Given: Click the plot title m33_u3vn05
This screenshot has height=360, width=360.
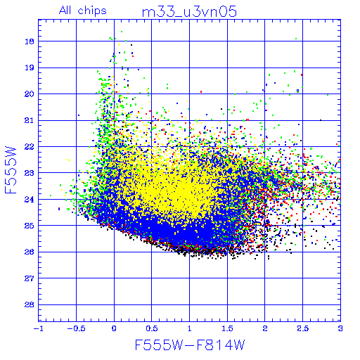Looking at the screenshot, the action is pyautogui.click(x=189, y=12).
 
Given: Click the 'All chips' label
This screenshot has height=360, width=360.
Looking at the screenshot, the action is pyautogui.click(x=83, y=11).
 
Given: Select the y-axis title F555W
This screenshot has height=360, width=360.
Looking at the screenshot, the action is pyautogui.click(x=11, y=170).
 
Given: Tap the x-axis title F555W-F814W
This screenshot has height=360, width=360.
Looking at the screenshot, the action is pyautogui.click(x=190, y=345).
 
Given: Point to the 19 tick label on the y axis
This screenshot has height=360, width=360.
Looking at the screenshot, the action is pyautogui.click(x=30, y=68).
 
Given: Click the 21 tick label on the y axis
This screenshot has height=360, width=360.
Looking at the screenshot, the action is pyautogui.click(x=30, y=121).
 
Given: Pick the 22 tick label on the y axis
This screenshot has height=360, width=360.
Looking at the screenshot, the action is pyautogui.click(x=30, y=147).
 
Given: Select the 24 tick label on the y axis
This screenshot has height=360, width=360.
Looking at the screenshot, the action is pyautogui.click(x=30, y=200).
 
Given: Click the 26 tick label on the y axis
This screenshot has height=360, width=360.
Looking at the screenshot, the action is pyautogui.click(x=30, y=252).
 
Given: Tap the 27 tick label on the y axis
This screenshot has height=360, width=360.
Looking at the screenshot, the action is pyautogui.click(x=30, y=278).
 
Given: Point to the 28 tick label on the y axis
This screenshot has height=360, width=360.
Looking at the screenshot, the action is pyautogui.click(x=30, y=305).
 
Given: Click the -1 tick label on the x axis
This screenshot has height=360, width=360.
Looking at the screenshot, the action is pyautogui.click(x=39, y=328).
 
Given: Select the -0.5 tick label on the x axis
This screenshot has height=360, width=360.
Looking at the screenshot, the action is pyautogui.click(x=76, y=328).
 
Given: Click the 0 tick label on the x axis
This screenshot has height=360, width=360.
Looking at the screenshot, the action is pyautogui.click(x=114, y=328).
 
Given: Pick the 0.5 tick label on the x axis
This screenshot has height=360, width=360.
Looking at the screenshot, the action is pyautogui.click(x=152, y=328).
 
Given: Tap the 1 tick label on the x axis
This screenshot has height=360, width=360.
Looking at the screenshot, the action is pyautogui.click(x=190, y=328).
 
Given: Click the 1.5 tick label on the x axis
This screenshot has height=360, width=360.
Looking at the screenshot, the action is pyautogui.click(x=227, y=328).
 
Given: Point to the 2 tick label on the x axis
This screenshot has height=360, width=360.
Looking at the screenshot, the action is pyautogui.click(x=265, y=328).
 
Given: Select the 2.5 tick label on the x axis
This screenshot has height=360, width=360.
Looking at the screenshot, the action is pyautogui.click(x=303, y=328).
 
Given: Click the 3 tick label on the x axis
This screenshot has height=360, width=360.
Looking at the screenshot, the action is pyautogui.click(x=340, y=328).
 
